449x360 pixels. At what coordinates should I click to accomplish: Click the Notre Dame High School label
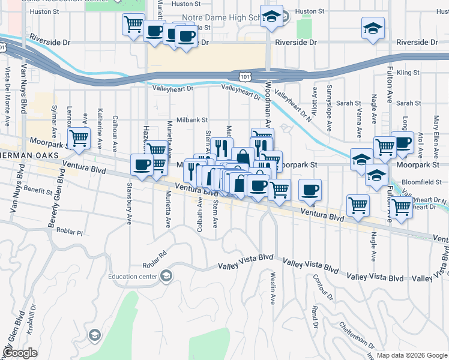tap(223, 17)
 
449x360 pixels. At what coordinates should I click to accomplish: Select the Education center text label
tap(133, 277)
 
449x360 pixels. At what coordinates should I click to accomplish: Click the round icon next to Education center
tap(166, 277)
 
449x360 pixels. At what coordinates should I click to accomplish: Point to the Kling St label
tap(407, 73)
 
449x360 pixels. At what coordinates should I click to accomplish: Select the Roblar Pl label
tap(69, 230)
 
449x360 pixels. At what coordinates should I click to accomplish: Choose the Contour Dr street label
tap(322, 287)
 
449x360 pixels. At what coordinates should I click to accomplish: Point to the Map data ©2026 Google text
tap(411, 355)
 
